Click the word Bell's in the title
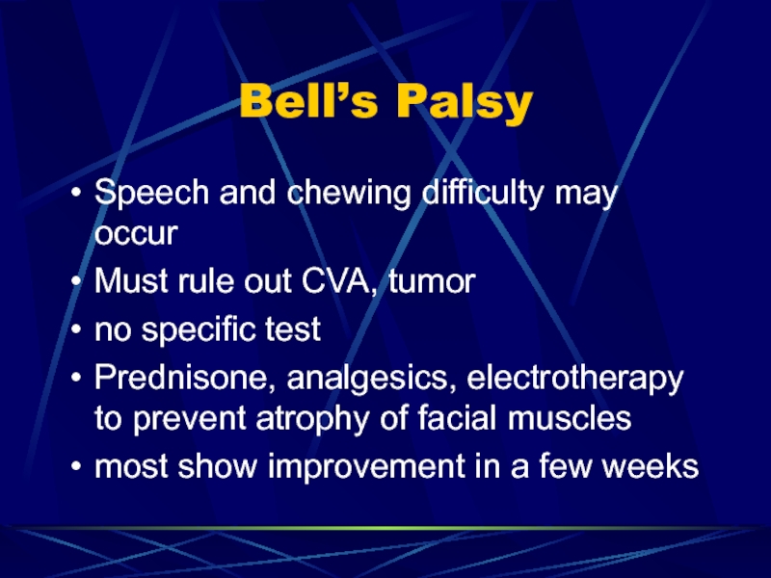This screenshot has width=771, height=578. pos(308,101)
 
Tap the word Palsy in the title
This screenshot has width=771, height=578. pos(465,104)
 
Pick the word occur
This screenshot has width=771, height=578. pos(136,234)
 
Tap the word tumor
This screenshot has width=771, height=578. pos(432,281)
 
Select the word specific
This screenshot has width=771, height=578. pos(199,330)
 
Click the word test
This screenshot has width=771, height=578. pos(293,329)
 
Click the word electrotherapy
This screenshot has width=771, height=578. pos(574,379)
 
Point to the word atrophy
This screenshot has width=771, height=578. pos(312,420)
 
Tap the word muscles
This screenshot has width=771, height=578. pos(570,419)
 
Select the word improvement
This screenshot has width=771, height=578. pos(366,467)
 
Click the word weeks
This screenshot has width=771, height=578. pos(651,466)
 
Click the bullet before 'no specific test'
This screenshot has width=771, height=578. pos(76,328)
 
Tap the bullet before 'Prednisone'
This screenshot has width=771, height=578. pos(76,378)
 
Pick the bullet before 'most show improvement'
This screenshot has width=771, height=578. pos(76,465)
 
